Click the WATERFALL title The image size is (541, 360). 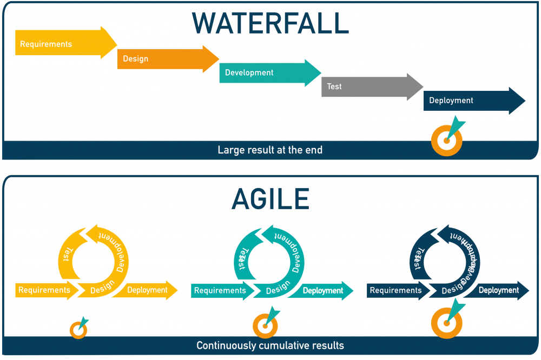pyautogui.click(x=270, y=23)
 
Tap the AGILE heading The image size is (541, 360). pyautogui.click(x=270, y=199)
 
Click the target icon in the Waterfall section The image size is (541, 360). pyautogui.click(x=446, y=140)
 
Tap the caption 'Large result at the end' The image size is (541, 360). pyautogui.click(x=270, y=150)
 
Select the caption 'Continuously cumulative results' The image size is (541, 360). pyautogui.click(x=270, y=345)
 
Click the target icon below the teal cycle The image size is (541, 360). pyautogui.click(x=265, y=325)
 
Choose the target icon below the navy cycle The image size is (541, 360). pyautogui.click(x=446, y=323)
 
